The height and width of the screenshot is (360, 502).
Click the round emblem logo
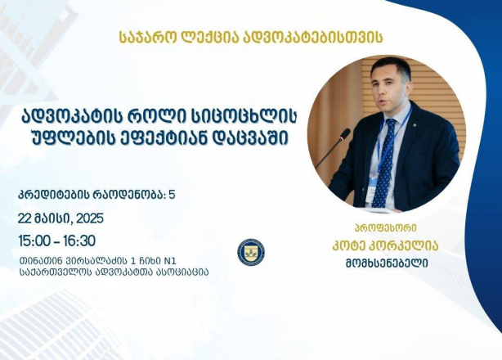(251, 252)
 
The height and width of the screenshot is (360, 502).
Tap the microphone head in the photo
(344, 134)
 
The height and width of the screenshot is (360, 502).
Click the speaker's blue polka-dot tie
(385, 163)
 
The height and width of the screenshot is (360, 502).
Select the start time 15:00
(34, 241)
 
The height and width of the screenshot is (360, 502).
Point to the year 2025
(90, 218)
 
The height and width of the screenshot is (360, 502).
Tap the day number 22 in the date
(24, 218)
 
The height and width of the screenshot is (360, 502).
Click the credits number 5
(172, 195)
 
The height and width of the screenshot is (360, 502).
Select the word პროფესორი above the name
(386, 227)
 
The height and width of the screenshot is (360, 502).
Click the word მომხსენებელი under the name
(387, 264)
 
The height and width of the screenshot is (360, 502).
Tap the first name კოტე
(350, 246)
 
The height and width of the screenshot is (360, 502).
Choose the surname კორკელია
(404, 246)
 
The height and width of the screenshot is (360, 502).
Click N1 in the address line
(169, 260)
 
